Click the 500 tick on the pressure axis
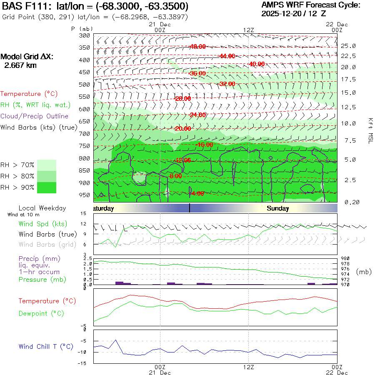click(85, 85)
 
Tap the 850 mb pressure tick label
click(85, 170)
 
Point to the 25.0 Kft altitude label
click(348, 46)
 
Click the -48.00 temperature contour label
click(197, 47)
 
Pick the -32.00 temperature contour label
click(227, 84)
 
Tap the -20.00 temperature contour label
click(182, 129)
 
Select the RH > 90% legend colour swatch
click(47, 187)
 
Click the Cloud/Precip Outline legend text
click(35, 116)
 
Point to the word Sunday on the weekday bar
click(278, 208)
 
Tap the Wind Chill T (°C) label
click(46, 347)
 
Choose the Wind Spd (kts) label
click(43, 224)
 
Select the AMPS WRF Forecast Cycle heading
click(310, 5)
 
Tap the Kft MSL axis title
click(370, 130)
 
